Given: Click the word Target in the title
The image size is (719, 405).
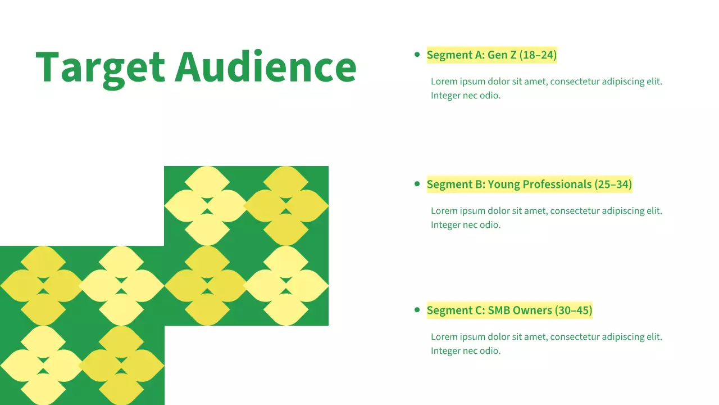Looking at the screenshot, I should (x=100, y=67).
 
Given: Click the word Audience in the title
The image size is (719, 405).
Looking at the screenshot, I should (x=266, y=66).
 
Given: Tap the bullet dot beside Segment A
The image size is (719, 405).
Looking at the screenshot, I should (x=417, y=55).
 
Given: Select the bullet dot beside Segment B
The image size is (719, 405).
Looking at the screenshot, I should (x=417, y=184).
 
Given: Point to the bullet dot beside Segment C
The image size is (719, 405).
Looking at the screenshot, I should (x=417, y=310).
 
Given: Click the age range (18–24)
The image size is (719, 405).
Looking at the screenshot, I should (x=538, y=55).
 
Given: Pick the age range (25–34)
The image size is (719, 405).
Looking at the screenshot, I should (x=613, y=184).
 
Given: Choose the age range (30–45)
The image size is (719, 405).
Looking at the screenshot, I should (x=574, y=310).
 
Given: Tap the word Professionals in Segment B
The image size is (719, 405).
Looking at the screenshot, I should (x=557, y=184).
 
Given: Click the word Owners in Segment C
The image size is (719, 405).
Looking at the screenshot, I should (x=532, y=310).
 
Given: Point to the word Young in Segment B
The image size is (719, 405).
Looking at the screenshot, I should (x=504, y=184).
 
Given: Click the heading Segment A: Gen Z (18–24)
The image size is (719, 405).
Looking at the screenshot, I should (x=492, y=55).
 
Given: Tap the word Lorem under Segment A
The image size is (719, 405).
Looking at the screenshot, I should (x=444, y=82).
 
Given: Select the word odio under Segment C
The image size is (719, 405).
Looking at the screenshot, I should (x=490, y=351).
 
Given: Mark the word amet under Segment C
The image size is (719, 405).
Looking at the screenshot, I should (x=535, y=337).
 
